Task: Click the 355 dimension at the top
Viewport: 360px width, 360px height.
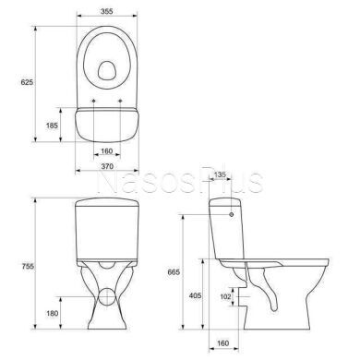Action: pos(107,11)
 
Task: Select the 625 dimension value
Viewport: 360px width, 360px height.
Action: pos(27,82)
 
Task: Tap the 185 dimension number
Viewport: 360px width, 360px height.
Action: pos(52,126)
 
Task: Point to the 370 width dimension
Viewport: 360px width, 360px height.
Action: pos(107,166)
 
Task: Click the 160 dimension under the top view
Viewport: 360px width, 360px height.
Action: pos(107,151)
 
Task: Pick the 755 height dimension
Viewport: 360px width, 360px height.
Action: pos(28,267)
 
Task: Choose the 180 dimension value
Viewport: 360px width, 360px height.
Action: pos(52,313)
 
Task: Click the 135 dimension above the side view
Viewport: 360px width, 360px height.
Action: pos(220,174)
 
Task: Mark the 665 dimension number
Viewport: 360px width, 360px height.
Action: pos(174,272)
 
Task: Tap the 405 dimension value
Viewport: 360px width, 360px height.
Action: pos(195,295)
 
